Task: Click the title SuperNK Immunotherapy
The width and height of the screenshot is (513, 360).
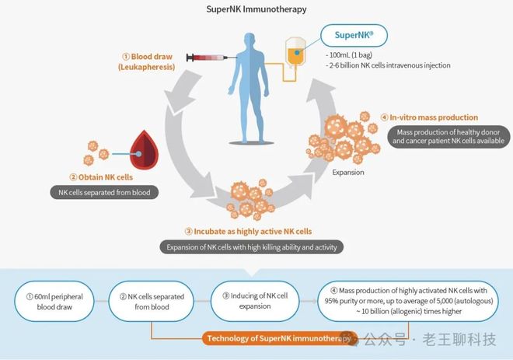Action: pos(256,9)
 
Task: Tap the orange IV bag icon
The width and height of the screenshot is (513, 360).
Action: pos(295,51)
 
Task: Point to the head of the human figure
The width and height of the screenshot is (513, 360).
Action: pos(250,40)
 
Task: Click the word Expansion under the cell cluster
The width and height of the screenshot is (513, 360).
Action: pos(348,172)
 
